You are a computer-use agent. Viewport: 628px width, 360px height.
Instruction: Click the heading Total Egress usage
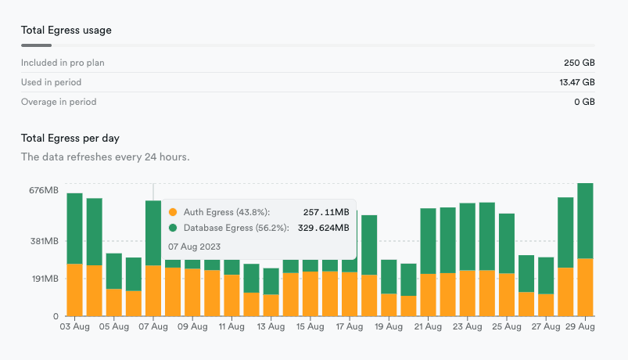66,31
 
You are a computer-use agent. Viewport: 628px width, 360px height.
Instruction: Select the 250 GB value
580,62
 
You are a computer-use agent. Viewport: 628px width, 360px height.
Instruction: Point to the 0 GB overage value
585,102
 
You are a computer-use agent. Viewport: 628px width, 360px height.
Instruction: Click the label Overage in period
59,102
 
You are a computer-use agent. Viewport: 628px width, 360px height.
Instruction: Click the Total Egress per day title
70,139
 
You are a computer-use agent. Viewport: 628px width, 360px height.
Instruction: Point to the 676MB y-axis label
43,190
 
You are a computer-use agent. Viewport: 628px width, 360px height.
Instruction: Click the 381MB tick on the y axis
43,241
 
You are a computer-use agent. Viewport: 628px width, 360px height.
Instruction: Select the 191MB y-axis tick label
44,279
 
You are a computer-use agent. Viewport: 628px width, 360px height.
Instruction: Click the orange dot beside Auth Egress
174,212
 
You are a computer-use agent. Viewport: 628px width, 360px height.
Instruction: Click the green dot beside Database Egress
174,228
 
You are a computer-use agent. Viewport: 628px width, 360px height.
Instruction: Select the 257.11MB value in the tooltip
325,212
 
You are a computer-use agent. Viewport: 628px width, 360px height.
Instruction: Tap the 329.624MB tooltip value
323,228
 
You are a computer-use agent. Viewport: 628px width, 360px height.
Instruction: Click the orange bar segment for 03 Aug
75,290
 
